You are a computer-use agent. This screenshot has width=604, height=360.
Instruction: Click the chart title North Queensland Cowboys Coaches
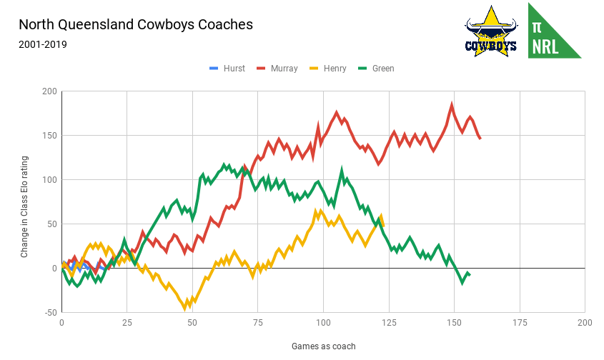point(136,24)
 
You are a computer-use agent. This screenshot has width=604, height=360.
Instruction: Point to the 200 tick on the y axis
point(49,91)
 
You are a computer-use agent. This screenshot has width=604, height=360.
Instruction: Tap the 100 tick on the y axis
point(49,180)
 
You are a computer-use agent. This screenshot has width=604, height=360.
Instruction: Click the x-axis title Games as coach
point(323,346)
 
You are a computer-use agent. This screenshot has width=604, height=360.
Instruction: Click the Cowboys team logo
point(491,32)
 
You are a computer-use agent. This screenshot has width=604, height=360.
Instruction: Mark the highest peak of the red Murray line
point(452,105)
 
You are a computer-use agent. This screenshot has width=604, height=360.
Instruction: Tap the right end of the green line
point(470,275)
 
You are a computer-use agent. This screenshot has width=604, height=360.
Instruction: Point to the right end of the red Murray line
point(480,139)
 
